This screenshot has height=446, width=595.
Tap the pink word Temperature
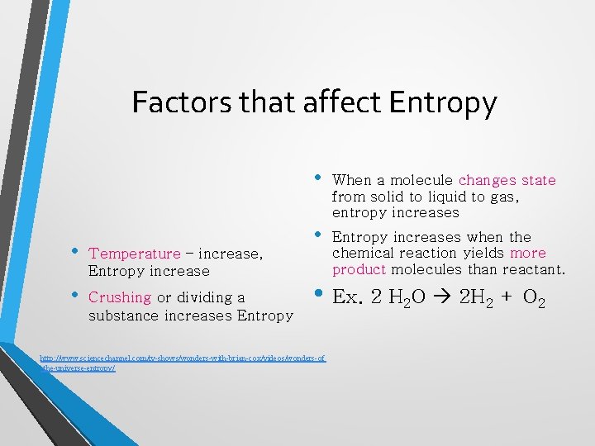point(134,254)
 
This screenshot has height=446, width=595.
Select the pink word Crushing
point(119,297)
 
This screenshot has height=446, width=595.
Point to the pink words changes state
point(507,180)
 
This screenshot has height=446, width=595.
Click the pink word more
point(528,253)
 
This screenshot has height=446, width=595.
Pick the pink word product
point(359,270)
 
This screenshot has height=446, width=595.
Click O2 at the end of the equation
point(534,298)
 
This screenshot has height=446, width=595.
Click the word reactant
point(533,270)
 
